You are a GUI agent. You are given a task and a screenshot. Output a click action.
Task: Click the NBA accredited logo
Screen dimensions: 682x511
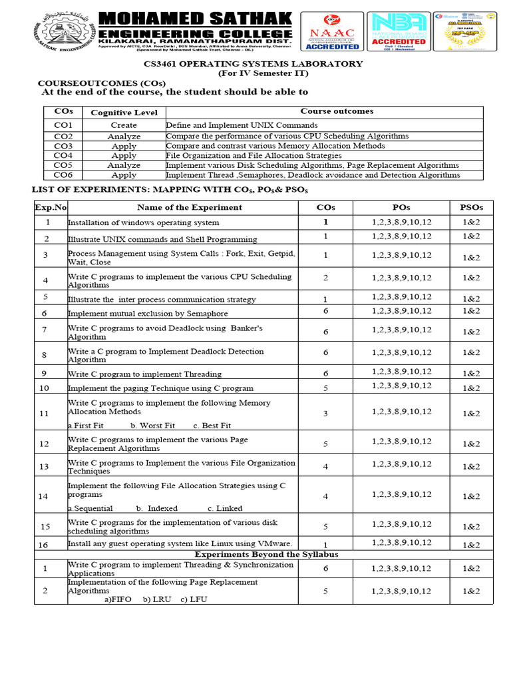399,31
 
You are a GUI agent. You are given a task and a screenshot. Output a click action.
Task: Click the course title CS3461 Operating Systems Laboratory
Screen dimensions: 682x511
254,63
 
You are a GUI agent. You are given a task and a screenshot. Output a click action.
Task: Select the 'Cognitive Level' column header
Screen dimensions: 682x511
124,113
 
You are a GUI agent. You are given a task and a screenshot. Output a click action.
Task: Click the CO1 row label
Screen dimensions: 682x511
63,125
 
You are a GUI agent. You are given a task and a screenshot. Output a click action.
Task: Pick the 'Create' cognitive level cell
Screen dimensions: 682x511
124,125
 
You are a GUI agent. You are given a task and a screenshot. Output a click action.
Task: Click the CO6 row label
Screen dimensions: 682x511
63,175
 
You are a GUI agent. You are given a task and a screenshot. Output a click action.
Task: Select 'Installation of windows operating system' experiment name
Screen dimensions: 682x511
143,223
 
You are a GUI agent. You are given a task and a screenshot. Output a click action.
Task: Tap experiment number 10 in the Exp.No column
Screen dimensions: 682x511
44,388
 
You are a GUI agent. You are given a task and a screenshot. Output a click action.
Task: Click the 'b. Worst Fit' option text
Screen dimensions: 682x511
152,426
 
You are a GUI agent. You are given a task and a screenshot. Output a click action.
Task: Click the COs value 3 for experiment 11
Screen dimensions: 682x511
325,414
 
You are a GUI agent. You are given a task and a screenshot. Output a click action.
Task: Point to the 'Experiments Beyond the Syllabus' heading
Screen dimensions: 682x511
266,554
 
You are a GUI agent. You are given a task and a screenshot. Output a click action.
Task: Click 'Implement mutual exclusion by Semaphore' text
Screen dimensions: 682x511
148,313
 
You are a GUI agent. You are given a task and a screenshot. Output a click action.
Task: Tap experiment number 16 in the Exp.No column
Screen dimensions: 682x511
44,545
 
